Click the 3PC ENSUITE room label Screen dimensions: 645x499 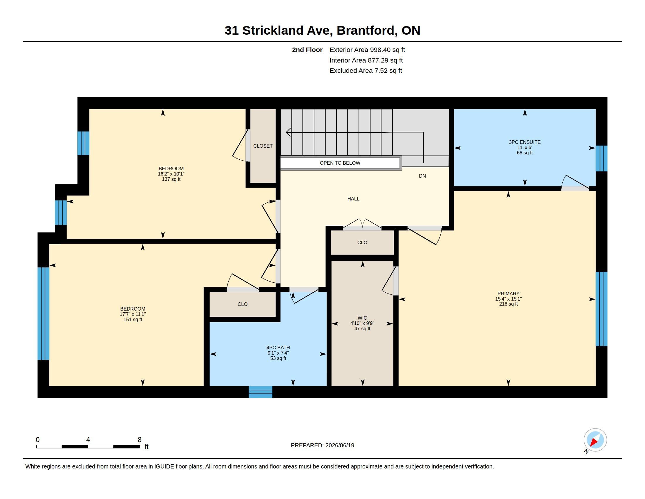(525, 142)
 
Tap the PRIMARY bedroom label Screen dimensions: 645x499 (508, 294)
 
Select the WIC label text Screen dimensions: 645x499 (362, 318)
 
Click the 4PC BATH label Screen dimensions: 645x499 (278, 348)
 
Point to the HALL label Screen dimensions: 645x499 (353, 199)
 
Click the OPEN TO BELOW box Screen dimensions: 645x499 (340, 163)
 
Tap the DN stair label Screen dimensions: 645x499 (422, 176)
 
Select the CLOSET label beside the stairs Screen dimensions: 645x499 (263, 146)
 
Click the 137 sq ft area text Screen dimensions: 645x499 (171, 179)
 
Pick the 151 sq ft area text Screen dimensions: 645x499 (133, 320)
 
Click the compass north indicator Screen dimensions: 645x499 (595, 440)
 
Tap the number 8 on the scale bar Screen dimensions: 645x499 (139, 440)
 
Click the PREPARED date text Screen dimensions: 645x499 (322, 445)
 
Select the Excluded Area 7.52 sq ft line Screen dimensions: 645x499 (366, 71)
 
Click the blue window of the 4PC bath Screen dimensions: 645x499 (260, 392)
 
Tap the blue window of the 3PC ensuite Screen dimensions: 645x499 (601, 159)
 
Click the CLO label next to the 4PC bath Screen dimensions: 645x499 (242, 304)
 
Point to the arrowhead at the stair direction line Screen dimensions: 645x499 (288, 132)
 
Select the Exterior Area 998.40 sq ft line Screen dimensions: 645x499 (367, 50)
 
